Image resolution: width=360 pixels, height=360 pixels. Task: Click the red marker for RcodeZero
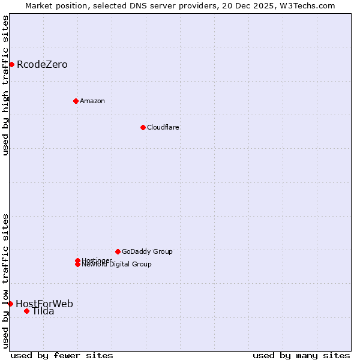pos(11,64)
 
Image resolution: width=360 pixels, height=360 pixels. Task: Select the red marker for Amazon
pos(76,101)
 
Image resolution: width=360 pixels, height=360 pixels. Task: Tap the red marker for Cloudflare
pos(143,127)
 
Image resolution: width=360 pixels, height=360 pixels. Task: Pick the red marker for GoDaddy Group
pos(118,251)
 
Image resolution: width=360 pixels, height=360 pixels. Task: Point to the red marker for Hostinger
pos(77,260)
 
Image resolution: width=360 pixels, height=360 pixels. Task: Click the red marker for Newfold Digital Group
pos(77,264)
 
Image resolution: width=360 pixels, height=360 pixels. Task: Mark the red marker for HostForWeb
pos(10,304)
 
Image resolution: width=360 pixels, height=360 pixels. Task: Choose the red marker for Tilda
pos(26,311)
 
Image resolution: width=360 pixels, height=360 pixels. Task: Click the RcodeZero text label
pos(42,64)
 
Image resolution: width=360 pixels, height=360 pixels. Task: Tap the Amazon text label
pos(92,101)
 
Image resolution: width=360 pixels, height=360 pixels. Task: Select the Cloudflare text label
pos(163,127)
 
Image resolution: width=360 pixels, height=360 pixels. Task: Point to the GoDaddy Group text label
pos(147,251)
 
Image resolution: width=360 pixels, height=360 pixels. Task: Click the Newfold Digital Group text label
pos(117,265)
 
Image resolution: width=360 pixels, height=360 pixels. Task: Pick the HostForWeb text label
pos(44,304)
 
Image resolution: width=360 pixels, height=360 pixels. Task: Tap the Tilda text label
pos(43,311)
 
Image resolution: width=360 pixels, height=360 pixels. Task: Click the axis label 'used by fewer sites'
pos(62,355)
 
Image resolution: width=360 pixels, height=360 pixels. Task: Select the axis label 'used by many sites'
pos(301,355)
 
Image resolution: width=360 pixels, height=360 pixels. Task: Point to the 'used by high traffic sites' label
pos(6,85)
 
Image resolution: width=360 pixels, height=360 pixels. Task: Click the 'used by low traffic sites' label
pos(6,280)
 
